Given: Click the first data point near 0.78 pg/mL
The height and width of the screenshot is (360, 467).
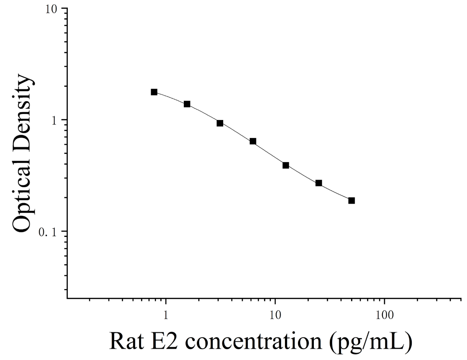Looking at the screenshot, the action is click(x=154, y=92).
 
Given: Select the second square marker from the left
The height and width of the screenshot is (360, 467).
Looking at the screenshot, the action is click(x=187, y=104).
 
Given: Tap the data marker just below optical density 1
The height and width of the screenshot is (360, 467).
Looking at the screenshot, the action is click(x=220, y=123).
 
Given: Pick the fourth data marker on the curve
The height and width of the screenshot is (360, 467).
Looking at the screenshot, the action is click(x=253, y=141).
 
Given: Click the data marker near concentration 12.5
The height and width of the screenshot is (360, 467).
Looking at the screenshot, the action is click(x=286, y=165).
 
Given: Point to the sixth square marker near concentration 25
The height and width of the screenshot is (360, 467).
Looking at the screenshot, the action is click(x=319, y=183).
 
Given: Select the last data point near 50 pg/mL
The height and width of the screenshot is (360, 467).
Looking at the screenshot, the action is click(x=351, y=201).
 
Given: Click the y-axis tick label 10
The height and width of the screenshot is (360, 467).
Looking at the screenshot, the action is click(x=51, y=9).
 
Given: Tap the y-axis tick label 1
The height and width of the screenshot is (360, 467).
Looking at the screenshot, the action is click(x=54, y=120).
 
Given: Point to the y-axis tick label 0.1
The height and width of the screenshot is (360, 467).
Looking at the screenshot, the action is click(x=48, y=232).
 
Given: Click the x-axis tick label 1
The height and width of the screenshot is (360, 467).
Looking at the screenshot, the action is click(x=165, y=315).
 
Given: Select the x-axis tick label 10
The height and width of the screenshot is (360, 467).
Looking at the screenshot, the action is click(x=275, y=315).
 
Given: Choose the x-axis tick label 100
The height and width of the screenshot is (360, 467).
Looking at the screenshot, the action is click(x=385, y=315).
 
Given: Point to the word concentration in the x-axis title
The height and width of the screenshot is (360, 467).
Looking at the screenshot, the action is click(x=253, y=342).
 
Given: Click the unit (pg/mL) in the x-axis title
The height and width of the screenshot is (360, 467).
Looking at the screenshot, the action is click(x=371, y=342).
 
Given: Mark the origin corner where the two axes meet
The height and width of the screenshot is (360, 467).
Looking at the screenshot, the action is click(x=67, y=298).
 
